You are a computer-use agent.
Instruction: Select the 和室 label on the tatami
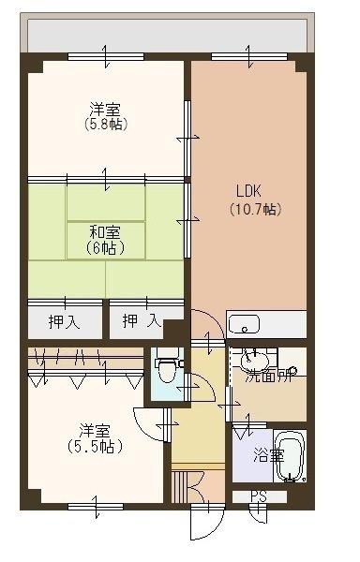pos(104,231)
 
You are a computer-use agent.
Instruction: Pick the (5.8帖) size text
pos(104,125)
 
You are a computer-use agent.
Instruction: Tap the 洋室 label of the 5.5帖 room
pos(95,431)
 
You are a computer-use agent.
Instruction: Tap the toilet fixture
pos(167,369)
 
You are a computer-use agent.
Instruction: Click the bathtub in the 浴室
pos(291,456)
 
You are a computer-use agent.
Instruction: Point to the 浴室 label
pos(268,456)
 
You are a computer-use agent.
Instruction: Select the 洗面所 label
pos(269,377)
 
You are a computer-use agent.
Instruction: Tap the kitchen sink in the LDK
pos(245,325)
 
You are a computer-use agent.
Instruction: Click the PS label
pos(257,496)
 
